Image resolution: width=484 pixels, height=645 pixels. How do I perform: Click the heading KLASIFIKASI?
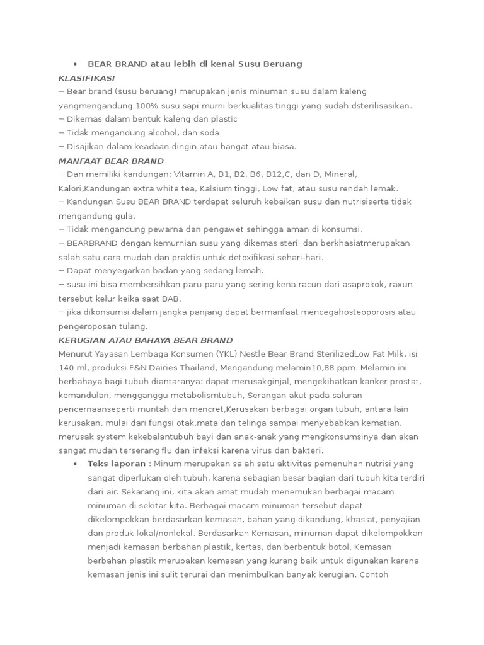point(86,77)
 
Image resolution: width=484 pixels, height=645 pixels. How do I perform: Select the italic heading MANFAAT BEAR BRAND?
point(110,161)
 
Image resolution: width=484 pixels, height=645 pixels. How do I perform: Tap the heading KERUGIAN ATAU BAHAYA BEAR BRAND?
point(145,340)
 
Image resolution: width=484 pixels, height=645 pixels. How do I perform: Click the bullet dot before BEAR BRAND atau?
point(74,64)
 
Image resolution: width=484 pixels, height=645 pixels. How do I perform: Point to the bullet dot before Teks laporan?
point(74,464)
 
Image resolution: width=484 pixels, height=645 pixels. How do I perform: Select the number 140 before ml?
point(66,367)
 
